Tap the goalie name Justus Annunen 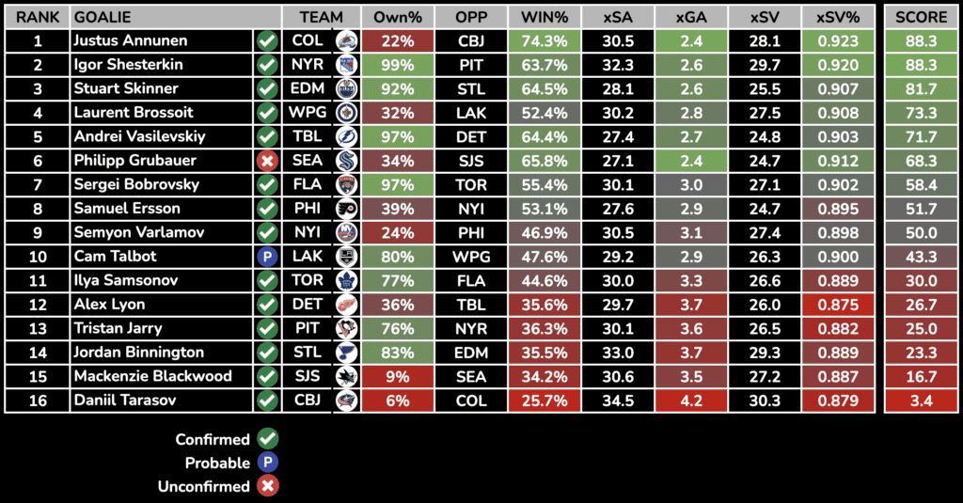(130, 41)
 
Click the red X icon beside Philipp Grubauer (267, 161)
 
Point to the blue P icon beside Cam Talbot (267, 257)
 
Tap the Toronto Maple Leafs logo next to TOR (346, 281)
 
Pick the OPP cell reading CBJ (470, 41)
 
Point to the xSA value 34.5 (616, 401)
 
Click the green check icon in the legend (268, 439)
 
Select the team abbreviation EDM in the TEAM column (308, 89)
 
